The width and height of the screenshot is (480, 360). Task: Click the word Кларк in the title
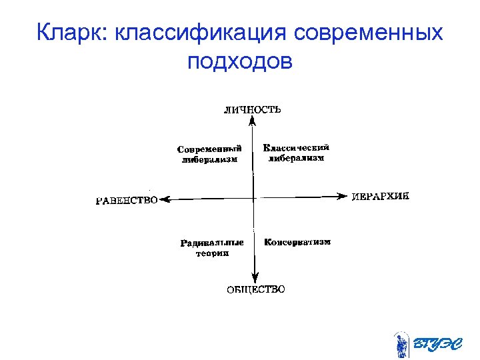(72, 33)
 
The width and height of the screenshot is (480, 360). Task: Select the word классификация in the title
(200, 33)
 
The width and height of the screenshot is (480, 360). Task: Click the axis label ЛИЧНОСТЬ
(252, 109)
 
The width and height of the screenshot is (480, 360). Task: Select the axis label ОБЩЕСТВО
(256, 289)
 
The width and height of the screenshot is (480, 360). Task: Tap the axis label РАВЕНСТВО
(127, 199)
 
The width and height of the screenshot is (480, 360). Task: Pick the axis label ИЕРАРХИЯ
(379, 197)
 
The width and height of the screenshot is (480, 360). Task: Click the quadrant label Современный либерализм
(209, 154)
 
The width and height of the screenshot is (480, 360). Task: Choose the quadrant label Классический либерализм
(296, 153)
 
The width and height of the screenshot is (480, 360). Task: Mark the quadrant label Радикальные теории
(212, 248)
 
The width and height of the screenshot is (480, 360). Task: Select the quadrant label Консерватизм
(297, 242)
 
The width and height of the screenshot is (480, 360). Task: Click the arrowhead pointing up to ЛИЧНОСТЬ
(252, 121)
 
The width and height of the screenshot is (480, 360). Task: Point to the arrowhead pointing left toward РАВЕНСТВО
(166, 198)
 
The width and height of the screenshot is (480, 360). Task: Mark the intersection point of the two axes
(254, 197)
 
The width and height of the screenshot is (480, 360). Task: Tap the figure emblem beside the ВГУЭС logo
(401, 344)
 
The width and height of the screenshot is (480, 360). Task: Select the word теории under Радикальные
(212, 253)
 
